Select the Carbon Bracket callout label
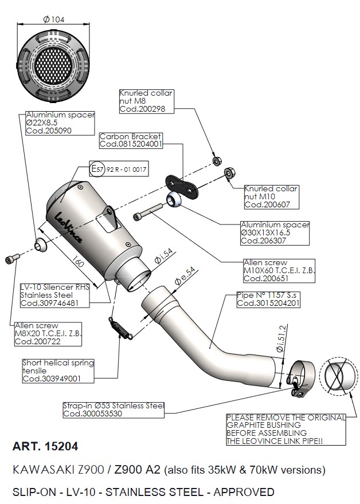pyautogui.click(x=131, y=140)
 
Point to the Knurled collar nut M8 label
pyautogui.click(x=146, y=100)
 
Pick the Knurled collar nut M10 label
pyautogui.click(x=271, y=196)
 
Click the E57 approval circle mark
pyautogui.click(x=97, y=169)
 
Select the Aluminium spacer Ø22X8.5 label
pyautogui.click(x=60, y=123)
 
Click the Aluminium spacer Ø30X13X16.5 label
pyautogui.click(x=275, y=233)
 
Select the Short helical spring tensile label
pyautogui.click(x=58, y=371)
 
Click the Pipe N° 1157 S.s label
pyautogui.click(x=268, y=299)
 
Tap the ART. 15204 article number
pyautogui.click(x=45, y=446)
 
